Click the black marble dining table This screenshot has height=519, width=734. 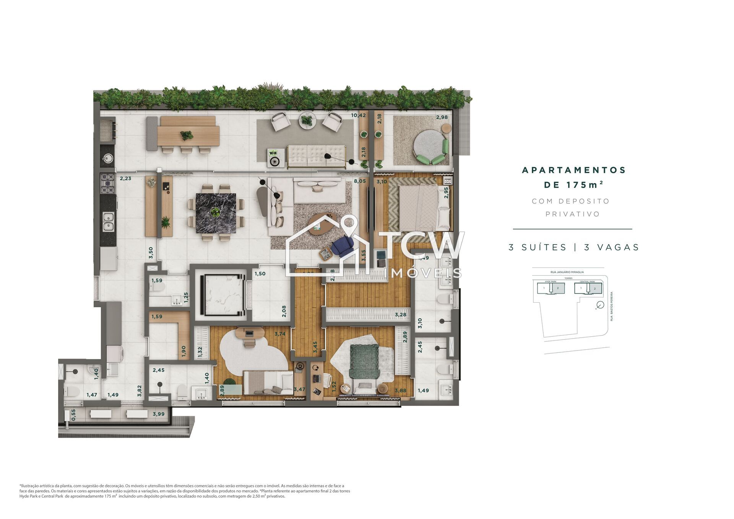point(215,213)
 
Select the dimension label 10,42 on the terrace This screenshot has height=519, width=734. point(358,115)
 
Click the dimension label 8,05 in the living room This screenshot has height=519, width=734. point(359,182)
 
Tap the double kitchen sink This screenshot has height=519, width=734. point(108,222)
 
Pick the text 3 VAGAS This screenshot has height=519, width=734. point(611,248)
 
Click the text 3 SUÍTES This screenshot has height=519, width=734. point(537,248)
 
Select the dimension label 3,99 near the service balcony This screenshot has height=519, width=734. point(158,414)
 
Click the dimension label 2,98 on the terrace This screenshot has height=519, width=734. point(442,117)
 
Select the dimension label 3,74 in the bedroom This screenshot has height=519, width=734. point(280,334)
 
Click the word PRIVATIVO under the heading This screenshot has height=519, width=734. point(572,214)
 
